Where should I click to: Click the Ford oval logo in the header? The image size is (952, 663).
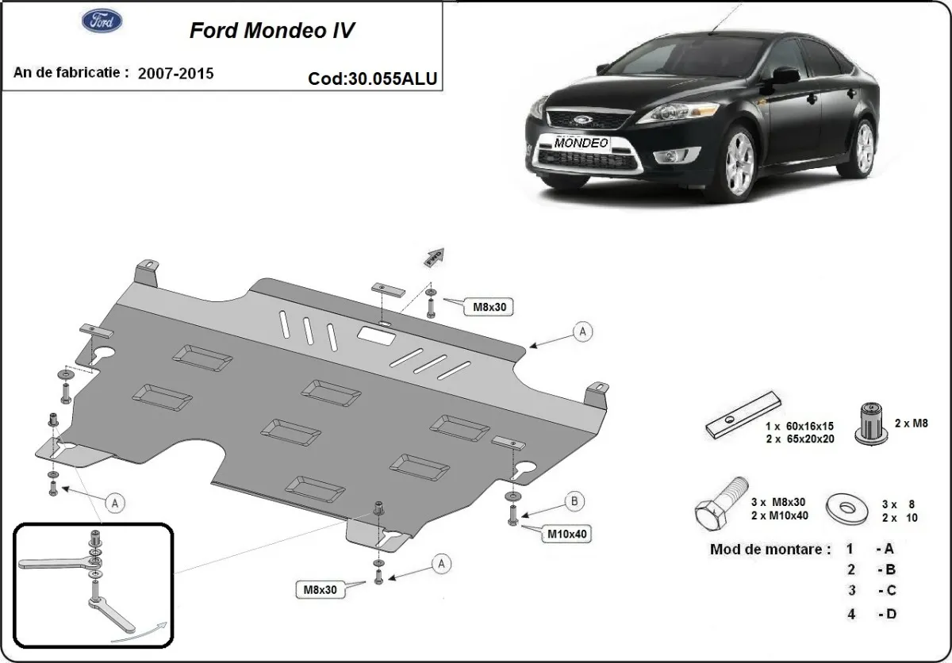pyautogui.click(x=102, y=21)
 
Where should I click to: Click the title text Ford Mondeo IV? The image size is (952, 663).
pyautogui.click(x=271, y=30)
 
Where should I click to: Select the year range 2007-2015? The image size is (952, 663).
pyautogui.click(x=175, y=73)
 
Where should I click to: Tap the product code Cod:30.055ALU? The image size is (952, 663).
pyautogui.click(x=373, y=79)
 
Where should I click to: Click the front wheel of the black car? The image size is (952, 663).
pyautogui.click(x=739, y=163)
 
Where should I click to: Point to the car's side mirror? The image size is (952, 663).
pyautogui.click(x=785, y=76)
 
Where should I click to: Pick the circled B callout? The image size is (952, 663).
pyautogui.click(x=574, y=500)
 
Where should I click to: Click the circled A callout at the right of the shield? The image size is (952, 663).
pyautogui.click(x=582, y=332)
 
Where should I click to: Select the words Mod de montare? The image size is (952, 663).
pyautogui.click(x=770, y=549)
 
